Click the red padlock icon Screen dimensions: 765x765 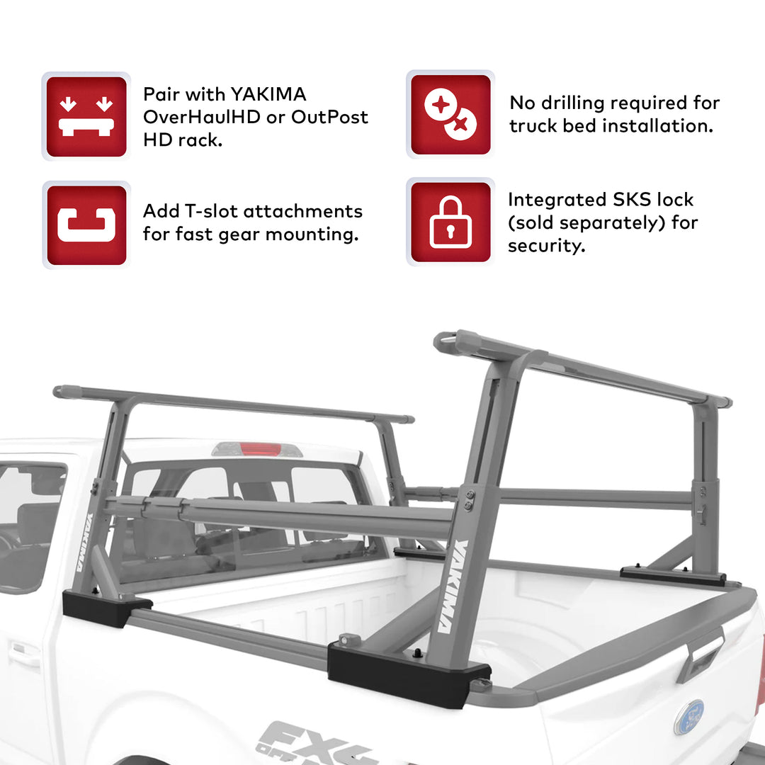pyautogui.click(x=450, y=222)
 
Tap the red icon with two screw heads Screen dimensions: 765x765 pyautogui.click(x=450, y=115)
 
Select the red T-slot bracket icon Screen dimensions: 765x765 pyautogui.click(x=86, y=225)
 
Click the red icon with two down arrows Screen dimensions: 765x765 pyautogui.click(x=86, y=116)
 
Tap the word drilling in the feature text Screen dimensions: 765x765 pyautogui.click(x=571, y=103)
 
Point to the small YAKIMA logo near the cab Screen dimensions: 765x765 pyautogui.click(x=83, y=542)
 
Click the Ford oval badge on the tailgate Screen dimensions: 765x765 pyautogui.click(x=689, y=716)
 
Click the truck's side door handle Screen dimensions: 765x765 pyautogui.click(x=25, y=654)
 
